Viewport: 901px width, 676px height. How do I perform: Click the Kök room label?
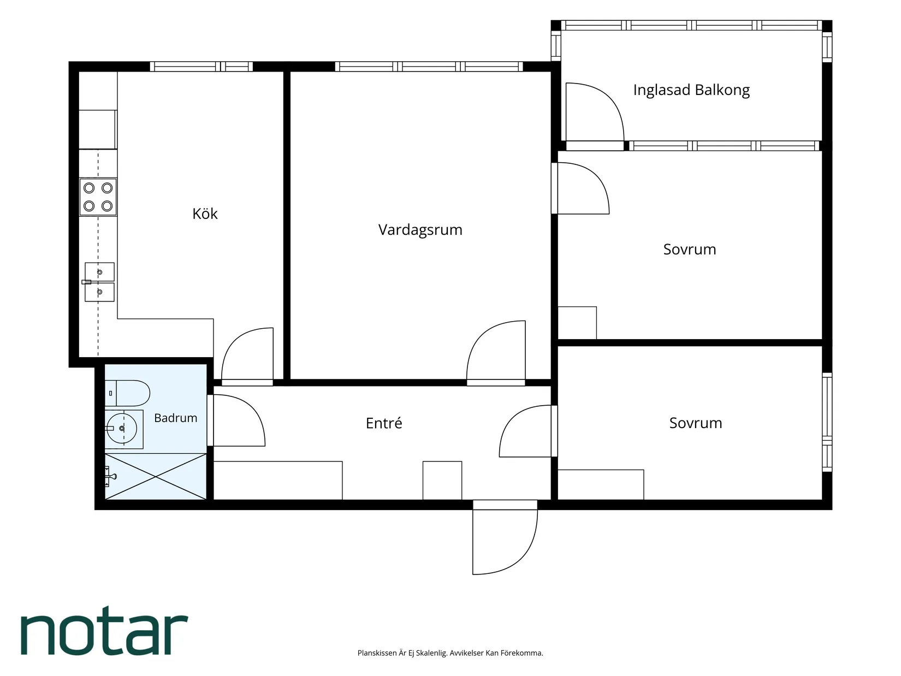click(x=205, y=214)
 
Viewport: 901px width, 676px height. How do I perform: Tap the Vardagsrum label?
click(x=420, y=230)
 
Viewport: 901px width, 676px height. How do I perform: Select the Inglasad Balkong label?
click(x=691, y=90)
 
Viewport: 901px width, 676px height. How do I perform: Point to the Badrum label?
click(x=176, y=418)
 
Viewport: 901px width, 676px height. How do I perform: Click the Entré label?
click(x=384, y=423)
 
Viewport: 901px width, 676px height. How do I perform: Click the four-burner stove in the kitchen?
click(x=98, y=197)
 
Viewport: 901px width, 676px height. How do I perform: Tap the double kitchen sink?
click(x=99, y=282)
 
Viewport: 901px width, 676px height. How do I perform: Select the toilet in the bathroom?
click(x=127, y=393)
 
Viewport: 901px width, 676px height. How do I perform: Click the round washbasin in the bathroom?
click(x=122, y=429)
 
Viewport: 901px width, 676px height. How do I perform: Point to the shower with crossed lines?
click(x=156, y=476)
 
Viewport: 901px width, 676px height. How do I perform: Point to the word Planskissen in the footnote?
click(x=377, y=653)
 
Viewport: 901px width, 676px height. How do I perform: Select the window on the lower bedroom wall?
click(x=827, y=422)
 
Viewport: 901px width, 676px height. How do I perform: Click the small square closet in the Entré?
click(x=442, y=480)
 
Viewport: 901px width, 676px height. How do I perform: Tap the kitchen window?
click(x=201, y=67)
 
